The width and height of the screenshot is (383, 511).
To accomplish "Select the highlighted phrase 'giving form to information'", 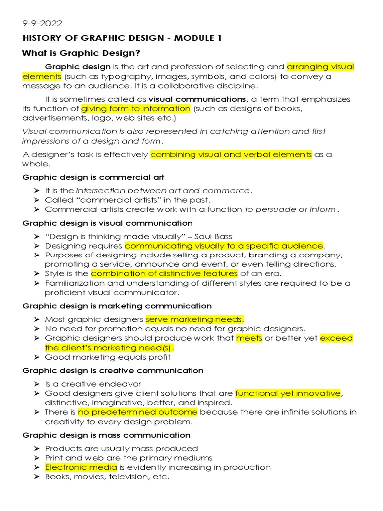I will (136, 109).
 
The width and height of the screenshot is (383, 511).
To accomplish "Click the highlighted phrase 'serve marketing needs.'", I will (195, 319).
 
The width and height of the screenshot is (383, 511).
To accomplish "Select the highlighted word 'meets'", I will (249, 338).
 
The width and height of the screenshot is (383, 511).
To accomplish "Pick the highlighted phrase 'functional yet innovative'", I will (288, 393).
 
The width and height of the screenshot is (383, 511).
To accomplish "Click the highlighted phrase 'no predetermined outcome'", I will (138, 412).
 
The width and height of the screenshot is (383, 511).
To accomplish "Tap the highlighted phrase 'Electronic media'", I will (81, 467).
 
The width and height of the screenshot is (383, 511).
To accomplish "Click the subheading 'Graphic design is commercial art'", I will (94, 177).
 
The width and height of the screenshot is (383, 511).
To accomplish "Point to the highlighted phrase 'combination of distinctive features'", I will (165, 273).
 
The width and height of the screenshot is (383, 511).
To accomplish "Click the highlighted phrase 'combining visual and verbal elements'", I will (231, 155).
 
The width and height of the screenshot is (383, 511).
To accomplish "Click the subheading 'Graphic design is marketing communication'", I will (117, 306).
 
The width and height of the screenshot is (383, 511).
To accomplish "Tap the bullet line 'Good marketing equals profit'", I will (108, 357).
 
